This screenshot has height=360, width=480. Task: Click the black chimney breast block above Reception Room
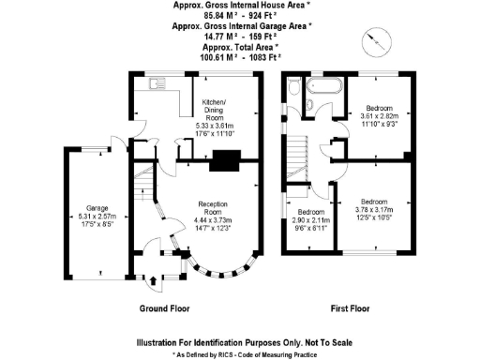point(223,161)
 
